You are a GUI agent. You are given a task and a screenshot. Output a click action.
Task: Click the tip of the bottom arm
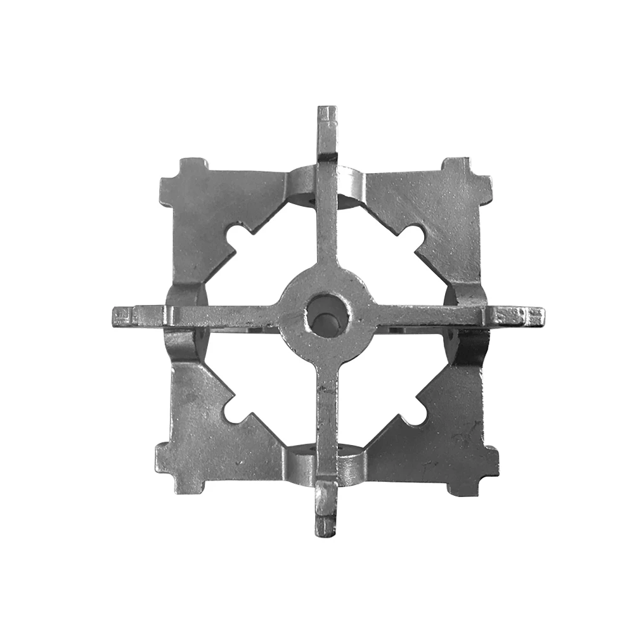(325, 528)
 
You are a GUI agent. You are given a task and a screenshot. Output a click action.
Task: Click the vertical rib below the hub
(327, 418)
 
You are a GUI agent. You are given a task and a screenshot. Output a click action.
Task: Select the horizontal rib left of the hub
(216, 314)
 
